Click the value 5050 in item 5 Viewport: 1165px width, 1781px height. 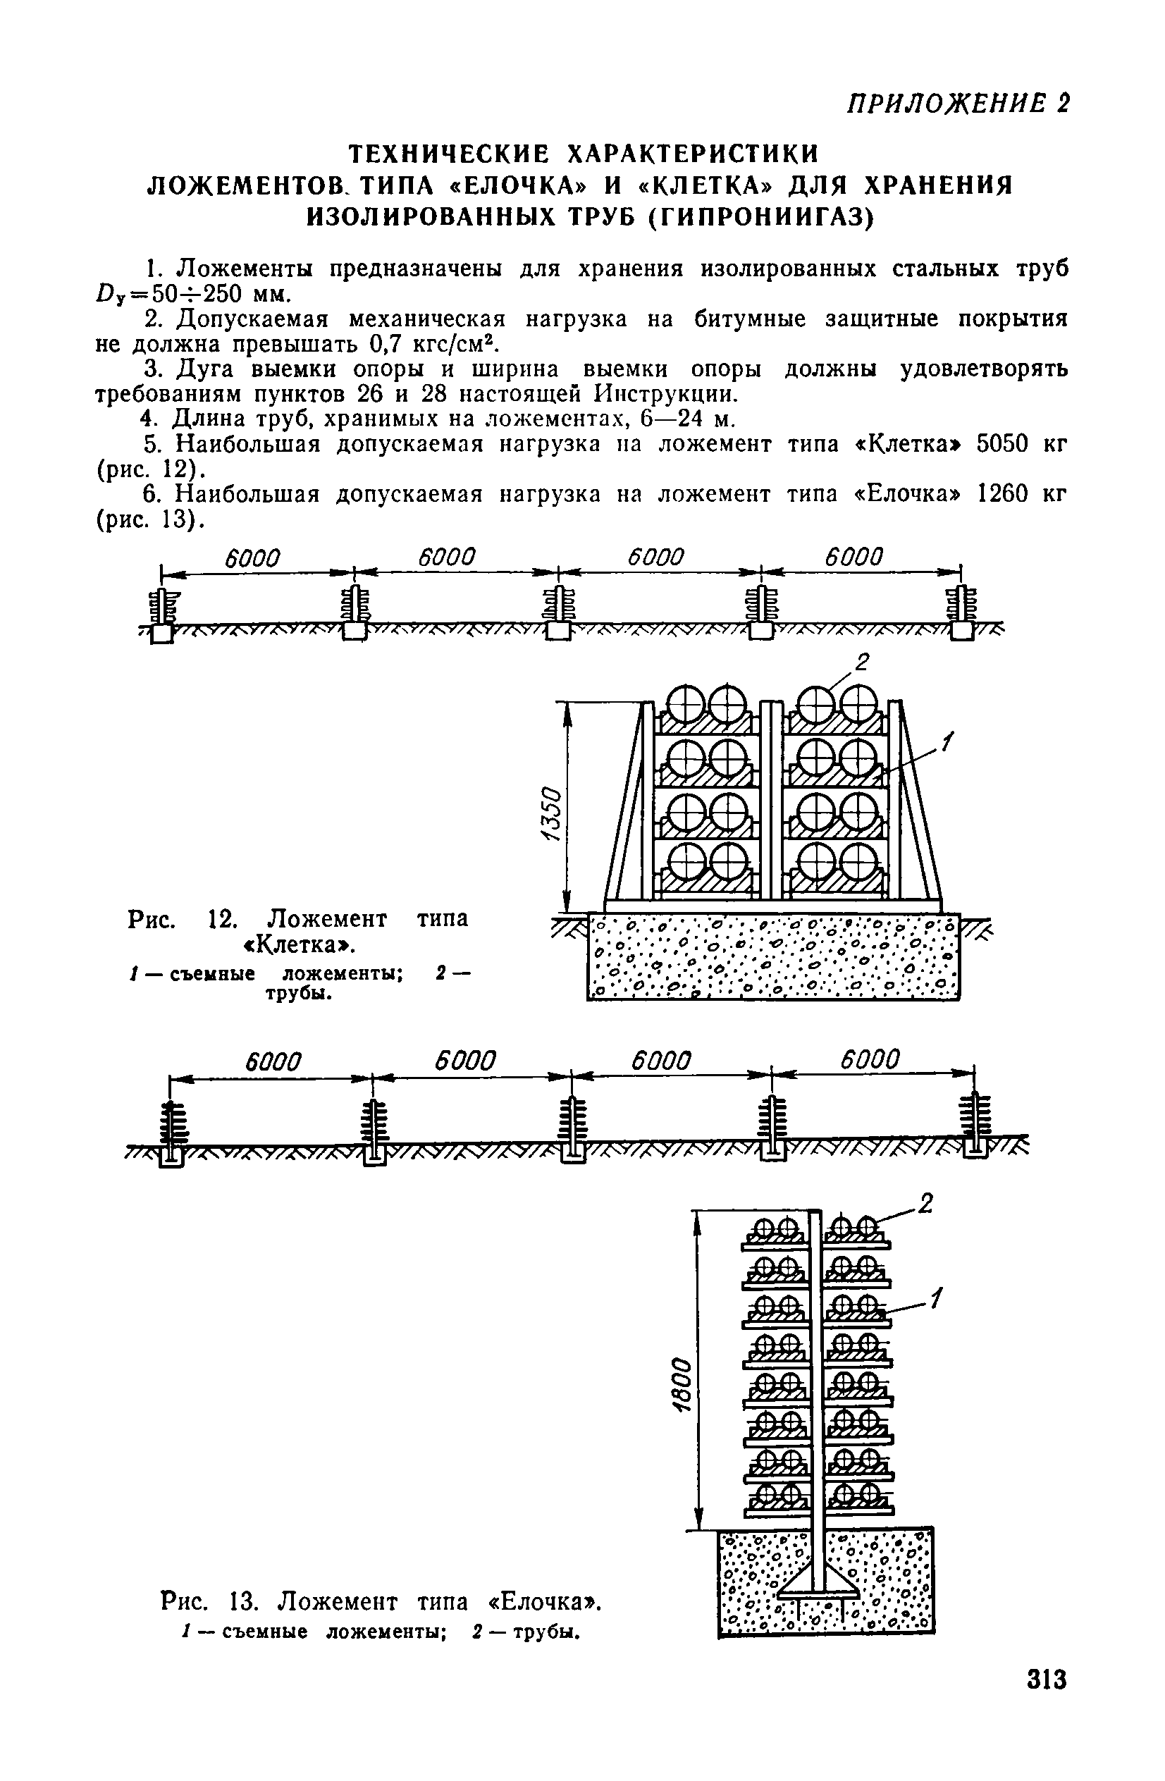[1005, 445]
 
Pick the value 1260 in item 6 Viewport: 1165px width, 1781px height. [1005, 495]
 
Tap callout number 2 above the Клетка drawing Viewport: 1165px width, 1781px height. [862, 663]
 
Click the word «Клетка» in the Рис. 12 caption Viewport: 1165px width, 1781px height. [300, 946]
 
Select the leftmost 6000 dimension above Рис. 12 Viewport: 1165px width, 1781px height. [252, 559]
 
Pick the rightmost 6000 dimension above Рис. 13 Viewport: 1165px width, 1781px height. [870, 1061]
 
